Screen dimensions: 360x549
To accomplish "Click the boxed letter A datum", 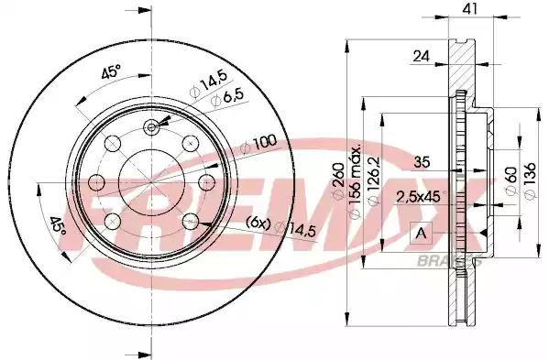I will coord(421,233).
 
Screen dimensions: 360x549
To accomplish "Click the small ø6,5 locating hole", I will coord(150,127).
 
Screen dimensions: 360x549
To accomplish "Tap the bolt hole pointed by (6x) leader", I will coord(190,220).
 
